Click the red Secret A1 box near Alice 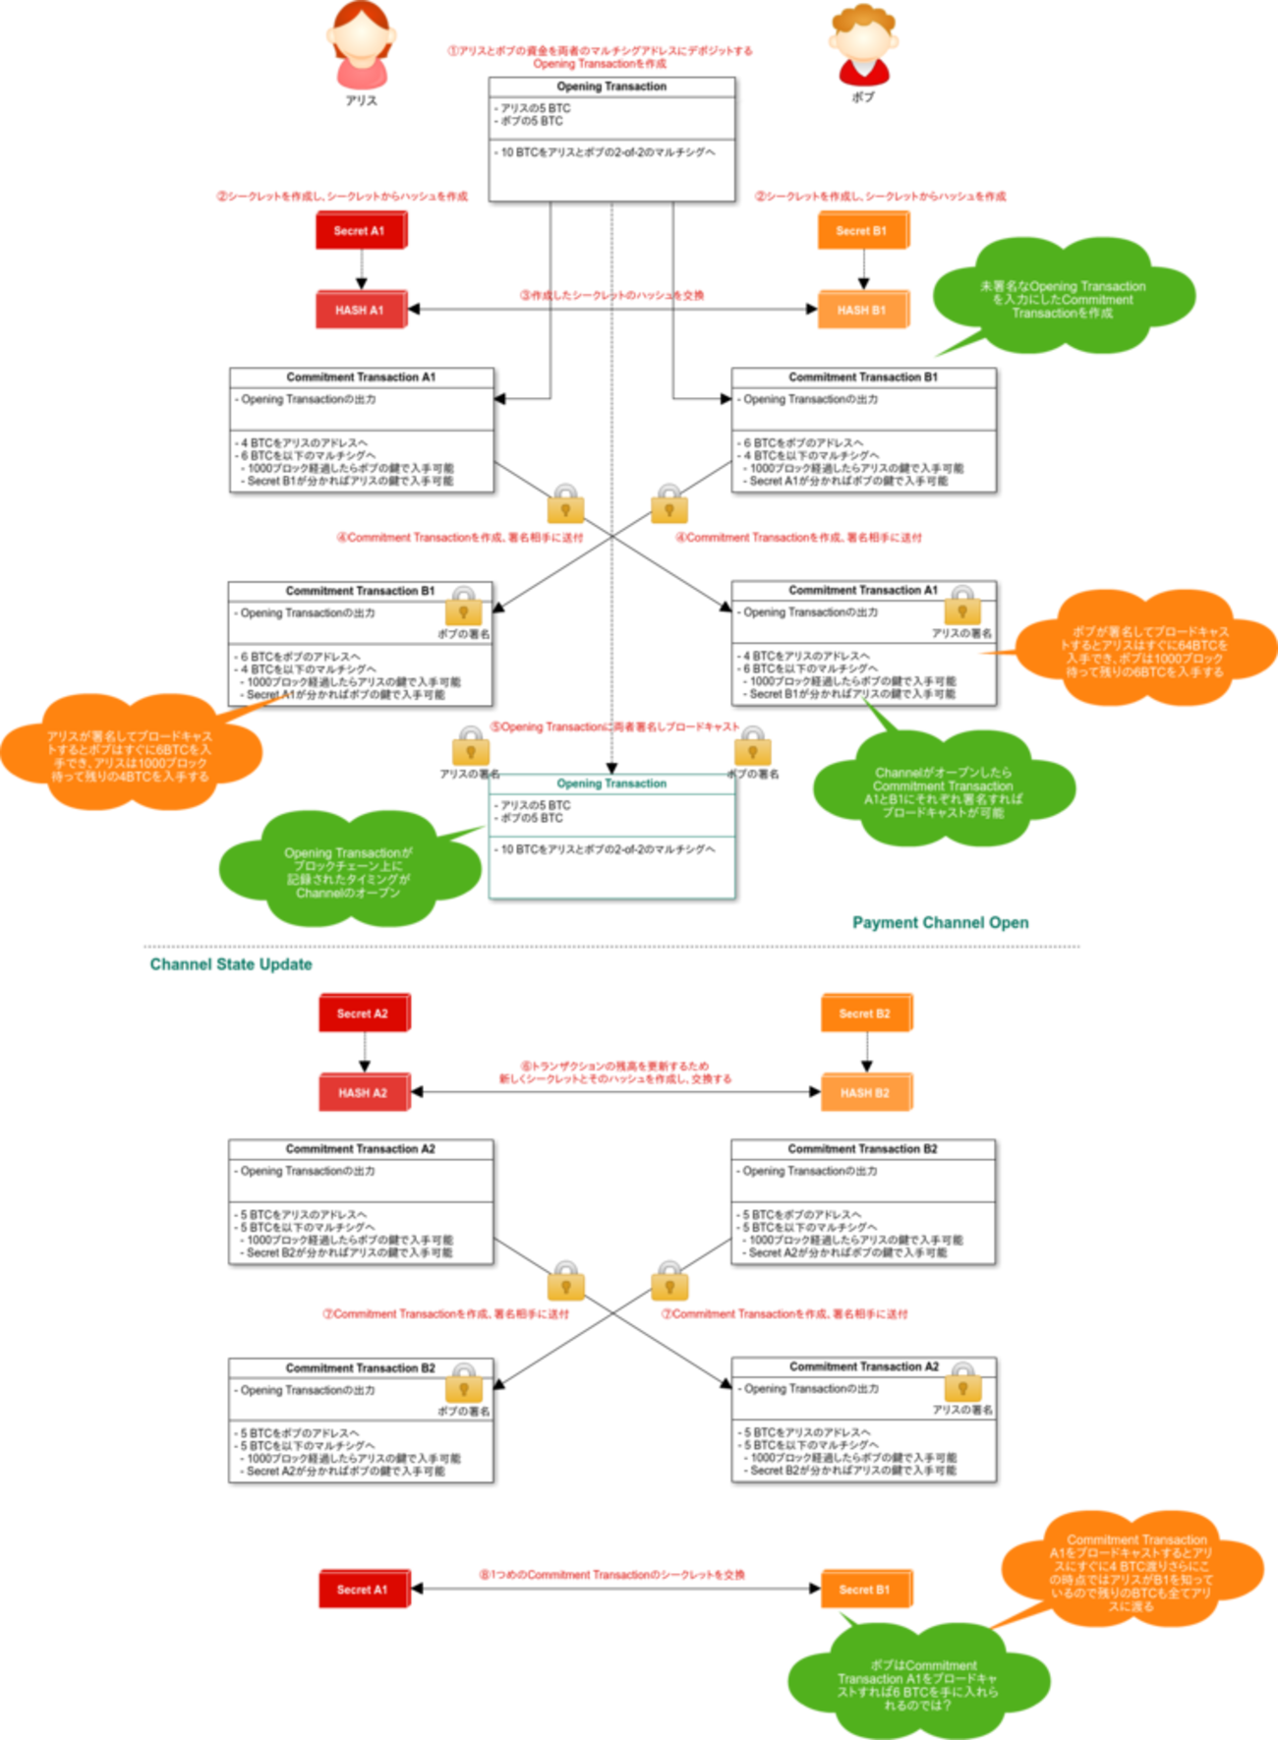click(361, 231)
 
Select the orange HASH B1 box click(862, 310)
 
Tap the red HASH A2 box click(363, 1092)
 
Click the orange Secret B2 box click(865, 1014)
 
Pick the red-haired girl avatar click(361, 46)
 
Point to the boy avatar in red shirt click(862, 46)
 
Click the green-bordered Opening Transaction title click(611, 783)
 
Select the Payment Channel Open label click(941, 922)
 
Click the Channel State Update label click(231, 964)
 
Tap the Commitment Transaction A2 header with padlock click(863, 1366)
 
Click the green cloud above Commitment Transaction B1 click(1062, 298)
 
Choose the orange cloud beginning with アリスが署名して click(130, 755)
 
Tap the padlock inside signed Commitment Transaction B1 click(463, 608)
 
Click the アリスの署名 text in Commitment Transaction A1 click(961, 633)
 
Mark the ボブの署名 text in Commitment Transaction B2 click(463, 1411)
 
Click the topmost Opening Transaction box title click(611, 87)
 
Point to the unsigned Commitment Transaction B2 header click(862, 1148)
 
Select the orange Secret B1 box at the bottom click(865, 1589)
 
